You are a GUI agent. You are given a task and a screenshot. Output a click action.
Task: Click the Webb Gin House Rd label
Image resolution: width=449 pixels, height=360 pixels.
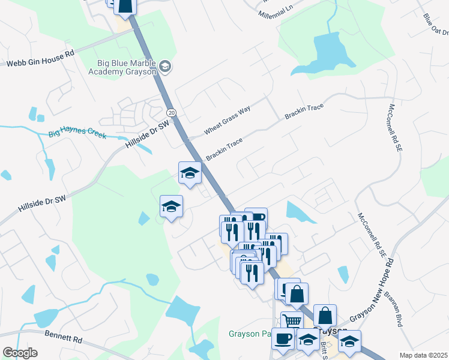coord(40,58)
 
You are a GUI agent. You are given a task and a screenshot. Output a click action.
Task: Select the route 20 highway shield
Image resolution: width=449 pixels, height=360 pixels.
coord(172,112)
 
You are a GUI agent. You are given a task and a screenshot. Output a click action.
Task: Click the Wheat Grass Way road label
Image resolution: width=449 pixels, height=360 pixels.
coord(227,118)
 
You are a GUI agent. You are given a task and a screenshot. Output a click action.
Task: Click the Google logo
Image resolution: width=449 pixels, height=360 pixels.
coord(20,352)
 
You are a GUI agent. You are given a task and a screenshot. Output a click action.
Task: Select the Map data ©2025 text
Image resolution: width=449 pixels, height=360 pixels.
coord(423,355)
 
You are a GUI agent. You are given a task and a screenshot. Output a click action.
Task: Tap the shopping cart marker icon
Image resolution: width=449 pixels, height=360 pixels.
coord(292,320)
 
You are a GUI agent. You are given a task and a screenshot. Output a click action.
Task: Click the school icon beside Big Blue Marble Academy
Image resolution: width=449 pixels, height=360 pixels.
coord(166,67)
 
